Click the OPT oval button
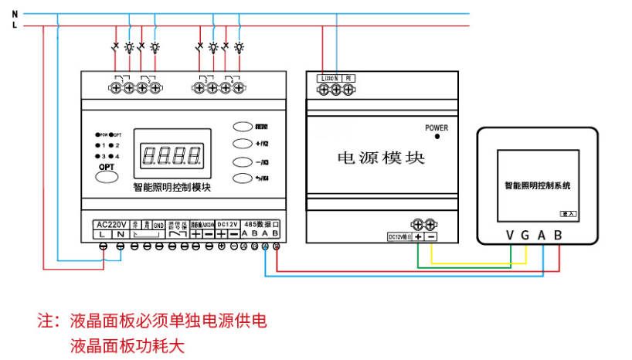coord(107,177)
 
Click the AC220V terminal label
coord(110,224)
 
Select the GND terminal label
coord(158,224)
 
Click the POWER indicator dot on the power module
coord(437,137)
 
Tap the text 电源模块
coord(381,158)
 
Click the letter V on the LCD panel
coord(510,234)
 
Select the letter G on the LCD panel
coord(525,234)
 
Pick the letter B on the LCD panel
coord(557,234)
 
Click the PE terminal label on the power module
coord(348,78)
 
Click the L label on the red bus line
coord(15,25)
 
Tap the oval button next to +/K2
coord(243,143)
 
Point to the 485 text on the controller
coord(252,224)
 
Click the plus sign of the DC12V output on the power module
coord(418,236)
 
